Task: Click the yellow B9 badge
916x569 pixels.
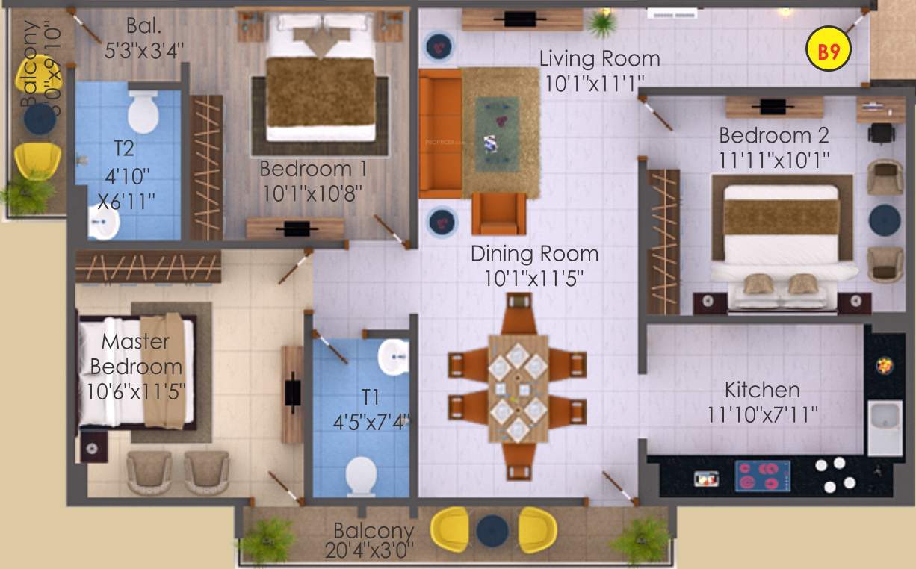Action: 828,52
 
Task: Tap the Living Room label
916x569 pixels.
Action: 599,58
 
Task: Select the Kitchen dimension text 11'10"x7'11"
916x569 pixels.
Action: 762,414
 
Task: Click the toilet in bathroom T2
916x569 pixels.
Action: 143,113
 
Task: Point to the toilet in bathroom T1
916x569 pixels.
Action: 362,475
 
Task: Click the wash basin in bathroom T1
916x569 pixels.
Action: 393,358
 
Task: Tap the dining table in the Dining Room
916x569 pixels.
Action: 518,388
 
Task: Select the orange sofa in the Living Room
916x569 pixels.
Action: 440,132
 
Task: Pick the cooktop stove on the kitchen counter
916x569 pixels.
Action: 763,476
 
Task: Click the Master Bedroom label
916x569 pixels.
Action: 136,355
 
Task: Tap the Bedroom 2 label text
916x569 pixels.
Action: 773,136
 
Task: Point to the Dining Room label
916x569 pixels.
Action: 534,254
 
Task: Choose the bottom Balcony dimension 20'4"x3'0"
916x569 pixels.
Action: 369,551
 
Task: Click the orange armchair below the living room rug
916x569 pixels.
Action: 499,214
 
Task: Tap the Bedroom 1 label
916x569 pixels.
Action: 313,170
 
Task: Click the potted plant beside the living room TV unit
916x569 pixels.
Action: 601,23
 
